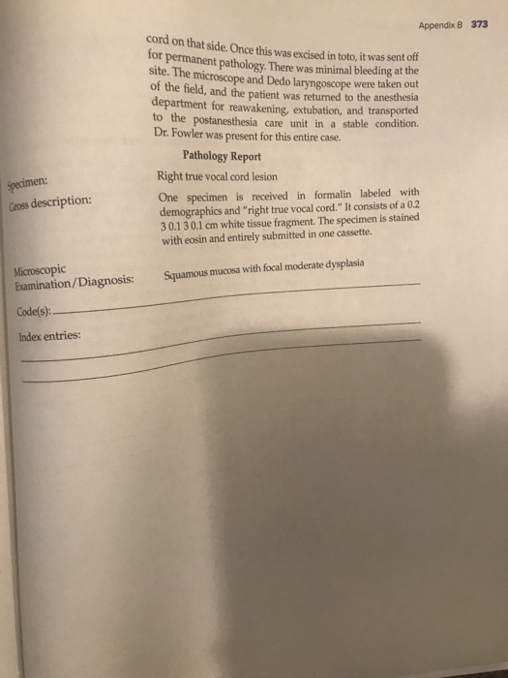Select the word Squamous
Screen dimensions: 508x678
(x=185, y=275)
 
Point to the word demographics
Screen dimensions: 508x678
(x=193, y=207)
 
